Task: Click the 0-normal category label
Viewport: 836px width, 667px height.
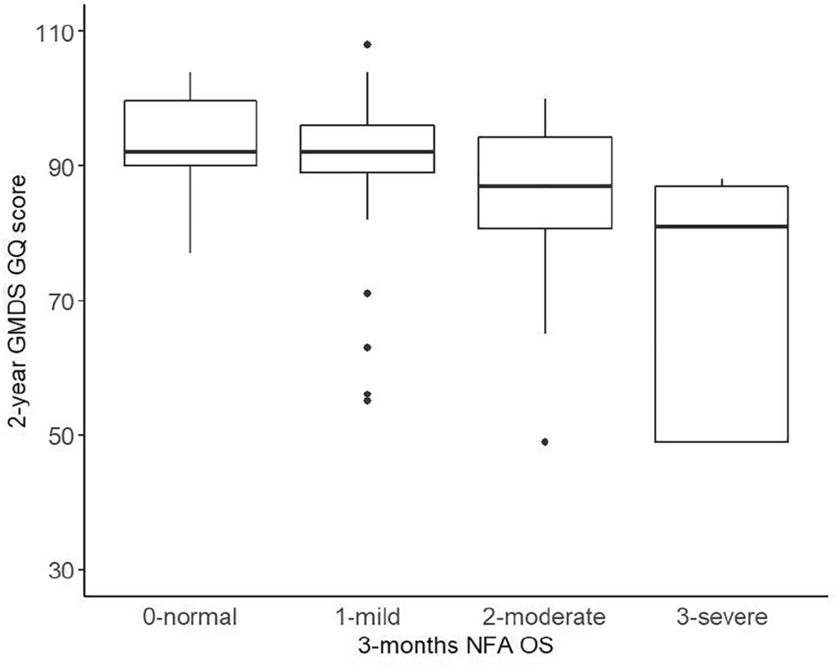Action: [190, 616]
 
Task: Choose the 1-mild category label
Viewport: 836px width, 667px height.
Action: [367, 616]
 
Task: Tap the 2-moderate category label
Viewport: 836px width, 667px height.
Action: [544, 616]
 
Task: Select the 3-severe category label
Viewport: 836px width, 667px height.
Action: [721, 616]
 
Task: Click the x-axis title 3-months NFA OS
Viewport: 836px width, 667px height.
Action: [456, 646]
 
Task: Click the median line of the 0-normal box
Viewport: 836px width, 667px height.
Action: [190, 152]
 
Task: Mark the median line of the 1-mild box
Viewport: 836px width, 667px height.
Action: [367, 152]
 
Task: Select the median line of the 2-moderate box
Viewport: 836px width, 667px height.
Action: [544, 185]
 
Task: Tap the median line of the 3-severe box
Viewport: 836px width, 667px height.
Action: [721, 226]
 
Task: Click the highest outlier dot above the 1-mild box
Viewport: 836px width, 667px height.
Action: [367, 44]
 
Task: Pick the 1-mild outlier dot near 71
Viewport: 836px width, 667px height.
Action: [367, 293]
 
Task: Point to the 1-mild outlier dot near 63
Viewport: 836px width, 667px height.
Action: [367, 347]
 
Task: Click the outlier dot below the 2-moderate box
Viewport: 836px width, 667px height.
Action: [545, 442]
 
